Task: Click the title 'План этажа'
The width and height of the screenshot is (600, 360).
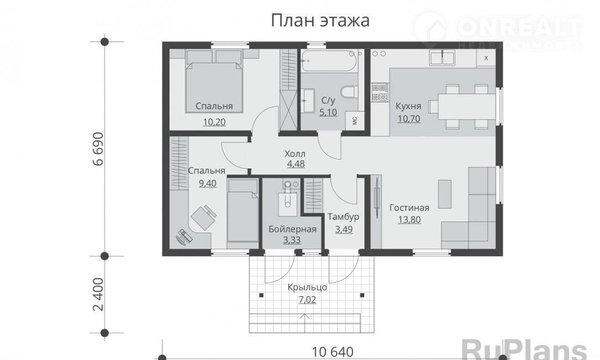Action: coord(320,20)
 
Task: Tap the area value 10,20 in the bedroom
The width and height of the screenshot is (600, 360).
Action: coord(214,122)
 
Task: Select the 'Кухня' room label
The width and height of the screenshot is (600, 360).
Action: coord(408,106)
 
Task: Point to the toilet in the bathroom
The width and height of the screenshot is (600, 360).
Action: coord(349,92)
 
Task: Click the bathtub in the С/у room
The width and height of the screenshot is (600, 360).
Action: coord(329,61)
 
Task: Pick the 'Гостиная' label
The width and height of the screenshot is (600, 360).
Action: coord(409,208)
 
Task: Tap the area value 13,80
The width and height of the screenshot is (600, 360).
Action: coord(409,220)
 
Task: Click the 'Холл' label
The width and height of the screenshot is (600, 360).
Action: coord(295,154)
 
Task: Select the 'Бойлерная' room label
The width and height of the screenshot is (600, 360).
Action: coord(292,229)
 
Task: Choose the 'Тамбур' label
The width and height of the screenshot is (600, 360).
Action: coord(343,217)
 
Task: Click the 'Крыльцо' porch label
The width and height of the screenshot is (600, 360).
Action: coord(307,287)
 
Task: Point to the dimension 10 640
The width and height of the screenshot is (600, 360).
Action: coord(333,352)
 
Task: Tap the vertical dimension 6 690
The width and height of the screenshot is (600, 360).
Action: coord(99,148)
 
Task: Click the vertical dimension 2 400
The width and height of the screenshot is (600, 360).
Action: coord(99,294)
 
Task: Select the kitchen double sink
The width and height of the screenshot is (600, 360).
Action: coord(442,58)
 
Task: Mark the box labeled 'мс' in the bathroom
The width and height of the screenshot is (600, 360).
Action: coord(355,121)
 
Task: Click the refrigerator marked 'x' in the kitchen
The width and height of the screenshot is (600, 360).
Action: coord(486,58)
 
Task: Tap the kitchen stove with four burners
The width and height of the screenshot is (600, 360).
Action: coord(380,92)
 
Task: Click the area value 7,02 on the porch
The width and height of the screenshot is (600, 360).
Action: coord(307,300)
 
